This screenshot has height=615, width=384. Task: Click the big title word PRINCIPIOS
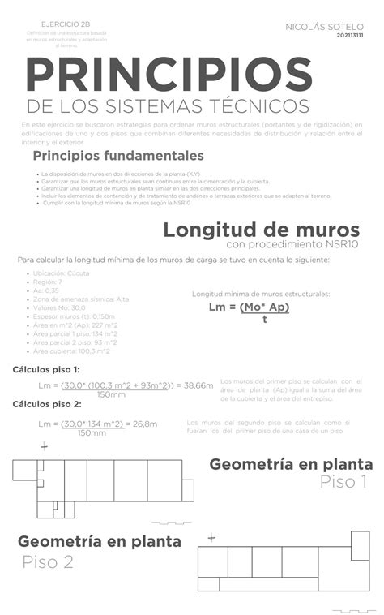tap(169, 75)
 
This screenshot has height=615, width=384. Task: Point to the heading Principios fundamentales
tap(117, 155)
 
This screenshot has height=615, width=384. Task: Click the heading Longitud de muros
tap(261, 229)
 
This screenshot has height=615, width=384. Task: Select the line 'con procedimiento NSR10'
tap(292, 244)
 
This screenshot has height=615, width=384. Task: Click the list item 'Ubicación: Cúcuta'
tap(62, 273)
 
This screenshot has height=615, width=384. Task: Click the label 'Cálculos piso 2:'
tap(47, 404)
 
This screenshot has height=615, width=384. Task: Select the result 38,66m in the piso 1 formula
tap(198, 385)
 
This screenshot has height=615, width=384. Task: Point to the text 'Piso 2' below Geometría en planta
tap(48, 561)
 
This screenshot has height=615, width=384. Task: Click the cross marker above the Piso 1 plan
tap(44, 446)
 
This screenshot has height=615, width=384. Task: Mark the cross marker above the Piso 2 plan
tap(211, 537)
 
